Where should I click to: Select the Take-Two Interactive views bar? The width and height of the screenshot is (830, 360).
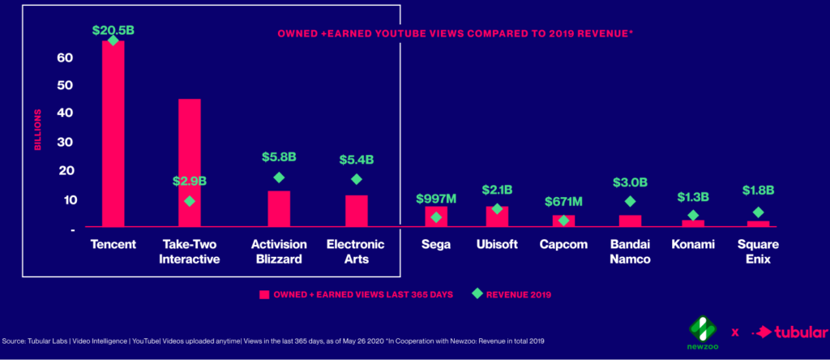[x=189, y=162]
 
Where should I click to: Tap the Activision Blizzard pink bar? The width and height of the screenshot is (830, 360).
[x=279, y=208]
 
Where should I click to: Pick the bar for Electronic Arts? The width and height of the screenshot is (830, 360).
[x=356, y=211]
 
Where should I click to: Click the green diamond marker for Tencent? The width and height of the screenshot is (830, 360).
[x=113, y=41]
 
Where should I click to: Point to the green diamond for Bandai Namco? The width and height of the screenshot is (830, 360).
[x=630, y=201]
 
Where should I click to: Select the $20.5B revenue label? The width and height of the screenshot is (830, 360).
[x=113, y=30]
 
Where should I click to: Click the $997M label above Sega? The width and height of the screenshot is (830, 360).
[x=436, y=199]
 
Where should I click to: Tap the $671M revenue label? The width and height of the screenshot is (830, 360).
[x=563, y=201]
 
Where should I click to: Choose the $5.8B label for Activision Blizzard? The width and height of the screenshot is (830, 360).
[x=279, y=156]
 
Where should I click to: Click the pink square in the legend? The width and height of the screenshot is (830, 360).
[x=263, y=294]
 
